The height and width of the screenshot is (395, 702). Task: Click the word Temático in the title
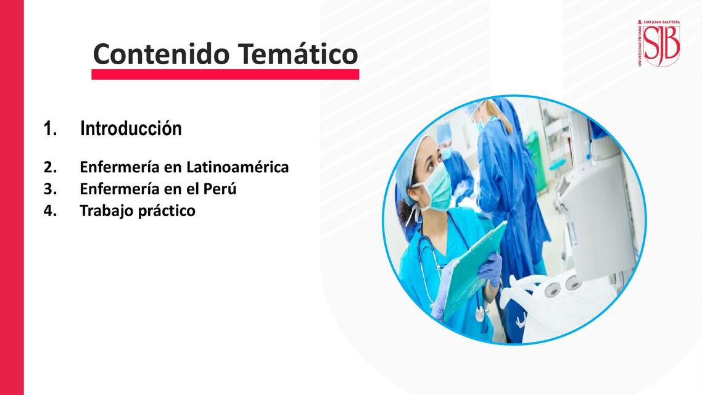(298, 54)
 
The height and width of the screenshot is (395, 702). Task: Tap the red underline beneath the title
(225, 75)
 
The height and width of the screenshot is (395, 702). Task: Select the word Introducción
(131, 129)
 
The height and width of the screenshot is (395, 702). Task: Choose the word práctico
(165, 210)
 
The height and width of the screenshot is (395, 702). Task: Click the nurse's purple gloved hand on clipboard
(490, 269)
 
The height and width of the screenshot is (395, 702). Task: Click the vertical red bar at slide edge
(12, 197)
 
